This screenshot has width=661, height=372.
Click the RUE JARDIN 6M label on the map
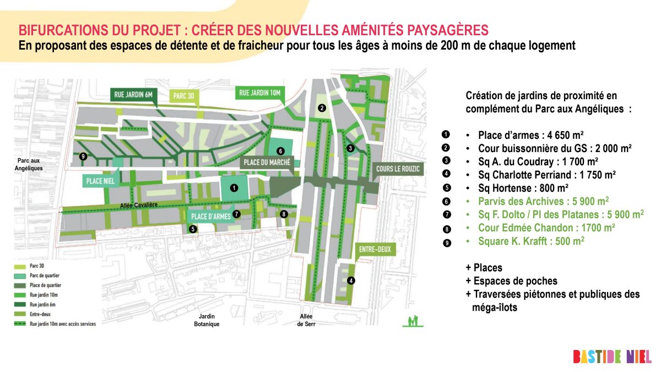134,94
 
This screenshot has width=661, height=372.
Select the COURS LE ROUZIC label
399,169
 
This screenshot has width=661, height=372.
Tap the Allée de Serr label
306,320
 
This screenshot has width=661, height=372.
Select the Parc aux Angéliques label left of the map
30,164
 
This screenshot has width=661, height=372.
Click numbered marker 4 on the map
351,281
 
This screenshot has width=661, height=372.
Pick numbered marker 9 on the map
83,157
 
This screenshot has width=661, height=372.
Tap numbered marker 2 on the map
322,108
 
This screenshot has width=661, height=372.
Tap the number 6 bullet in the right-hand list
446,201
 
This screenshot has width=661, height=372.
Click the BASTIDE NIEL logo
612,356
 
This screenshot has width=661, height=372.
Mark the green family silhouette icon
413,321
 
